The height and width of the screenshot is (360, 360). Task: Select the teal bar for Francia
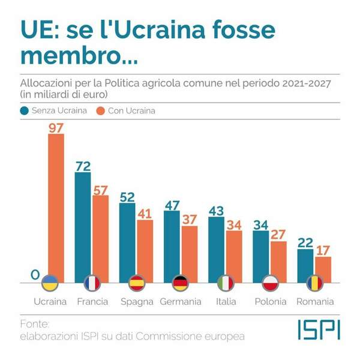tap(83, 225)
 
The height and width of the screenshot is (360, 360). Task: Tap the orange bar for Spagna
tap(145, 249)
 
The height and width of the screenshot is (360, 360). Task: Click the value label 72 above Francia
tap(83, 166)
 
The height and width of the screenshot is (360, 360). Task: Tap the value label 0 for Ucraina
tap(35, 275)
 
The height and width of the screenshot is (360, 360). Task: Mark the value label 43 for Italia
tap(216, 211)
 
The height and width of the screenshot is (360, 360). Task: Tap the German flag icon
tap(180, 283)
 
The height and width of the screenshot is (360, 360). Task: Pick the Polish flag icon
tap(270, 283)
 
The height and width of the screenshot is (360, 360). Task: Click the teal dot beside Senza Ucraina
tap(25, 110)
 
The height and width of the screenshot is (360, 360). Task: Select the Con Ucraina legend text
tap(130, 110)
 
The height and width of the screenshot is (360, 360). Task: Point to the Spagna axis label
tap(136, 301)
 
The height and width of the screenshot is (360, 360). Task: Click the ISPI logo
tap(319, 329)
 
